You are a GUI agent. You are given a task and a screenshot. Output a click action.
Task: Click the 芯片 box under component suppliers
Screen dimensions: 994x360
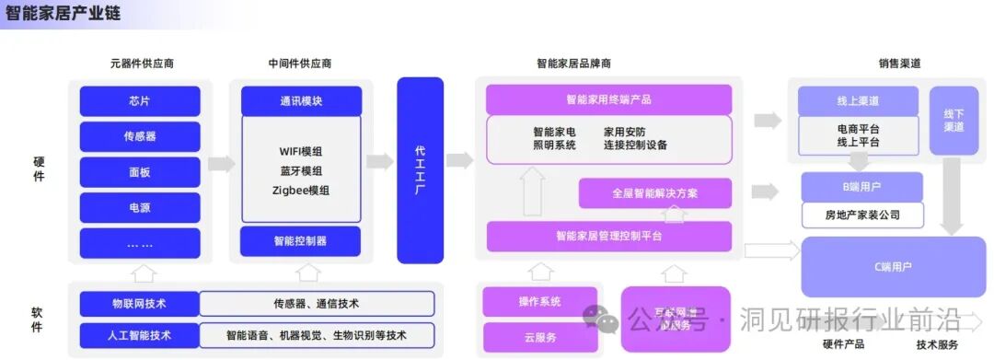coord(140,101)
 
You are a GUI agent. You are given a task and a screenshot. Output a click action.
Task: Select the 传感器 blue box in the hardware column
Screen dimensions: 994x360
coord(140,136)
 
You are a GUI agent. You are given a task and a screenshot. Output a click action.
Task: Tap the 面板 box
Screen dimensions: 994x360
coord(140,172)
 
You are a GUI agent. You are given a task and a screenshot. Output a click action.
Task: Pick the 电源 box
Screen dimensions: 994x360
coord(140,208)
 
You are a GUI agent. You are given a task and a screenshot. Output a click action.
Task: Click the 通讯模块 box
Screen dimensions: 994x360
coord(301,101)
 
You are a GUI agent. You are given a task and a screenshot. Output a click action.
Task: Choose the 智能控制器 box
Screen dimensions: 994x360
coord(301,241)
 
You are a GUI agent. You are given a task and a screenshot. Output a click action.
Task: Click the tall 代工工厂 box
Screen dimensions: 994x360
coord(420,170)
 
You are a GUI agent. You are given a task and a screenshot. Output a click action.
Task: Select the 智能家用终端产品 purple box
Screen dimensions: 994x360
coord(608,99)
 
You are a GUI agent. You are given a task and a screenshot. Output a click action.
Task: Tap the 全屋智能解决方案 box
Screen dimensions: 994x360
coord(654,193)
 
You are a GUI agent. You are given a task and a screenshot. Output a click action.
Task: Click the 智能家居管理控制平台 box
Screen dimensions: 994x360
coord(608,237)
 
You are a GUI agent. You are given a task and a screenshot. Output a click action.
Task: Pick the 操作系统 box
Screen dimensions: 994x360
coord(540,301)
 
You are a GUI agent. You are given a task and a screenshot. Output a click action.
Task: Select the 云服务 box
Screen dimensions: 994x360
coord(540,337)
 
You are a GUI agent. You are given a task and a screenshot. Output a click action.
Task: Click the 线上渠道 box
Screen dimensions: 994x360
coord(858,101)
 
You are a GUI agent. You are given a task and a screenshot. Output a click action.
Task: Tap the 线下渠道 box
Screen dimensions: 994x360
coord(954,121)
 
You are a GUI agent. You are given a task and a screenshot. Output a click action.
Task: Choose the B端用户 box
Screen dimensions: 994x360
coord(862,187)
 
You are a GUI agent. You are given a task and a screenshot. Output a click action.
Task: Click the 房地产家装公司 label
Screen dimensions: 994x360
coord(862,216)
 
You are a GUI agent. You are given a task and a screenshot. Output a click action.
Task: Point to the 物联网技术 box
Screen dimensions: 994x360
coord(139,304)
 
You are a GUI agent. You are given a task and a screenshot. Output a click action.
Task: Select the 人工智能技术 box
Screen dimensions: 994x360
coord(139,335)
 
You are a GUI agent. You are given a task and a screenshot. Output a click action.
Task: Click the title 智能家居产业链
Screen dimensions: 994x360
coord(63,16)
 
